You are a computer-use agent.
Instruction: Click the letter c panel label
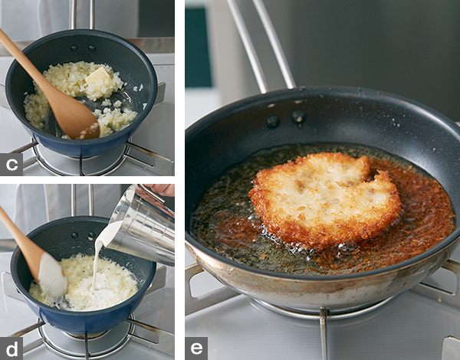pyautogui.click(x=11, y=165)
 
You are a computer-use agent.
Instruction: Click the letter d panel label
pyautogui.click(x=11, y=349)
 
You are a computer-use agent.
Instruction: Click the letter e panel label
pyautogui.click(x=196, y=349)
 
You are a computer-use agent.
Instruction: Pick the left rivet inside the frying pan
pyautogui.click(x=272, y=121)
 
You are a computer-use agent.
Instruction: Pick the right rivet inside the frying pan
pyautogui.click(x=298, y=116)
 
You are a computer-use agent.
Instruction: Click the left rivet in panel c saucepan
pyautogui.click(x=74, y=48)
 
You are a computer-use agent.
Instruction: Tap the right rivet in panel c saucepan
pyautogui.click(x=92, y=48)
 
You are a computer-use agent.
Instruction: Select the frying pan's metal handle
pyautogui.click(x=261, y=44)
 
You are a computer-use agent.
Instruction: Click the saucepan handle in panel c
pyautogui.click(x=83, y=15)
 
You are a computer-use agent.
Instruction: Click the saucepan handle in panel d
pyautogui.click(x=83, y=201)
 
